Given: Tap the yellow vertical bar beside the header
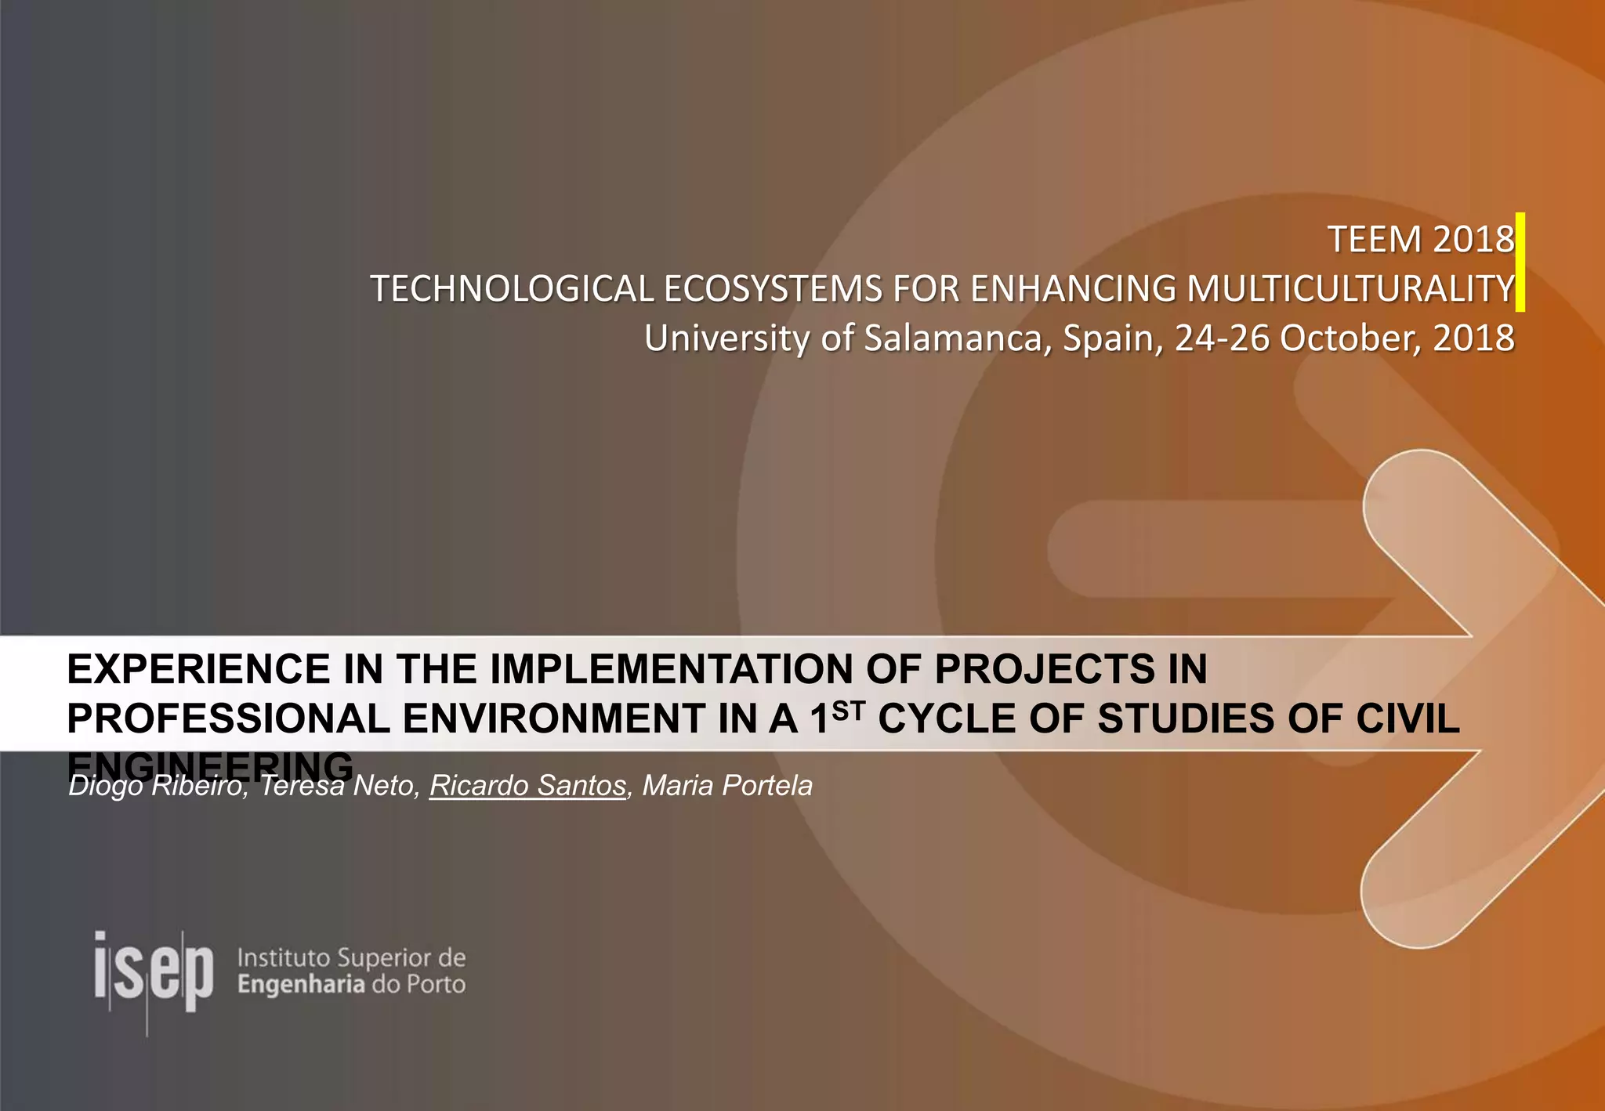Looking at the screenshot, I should pos(1520,262).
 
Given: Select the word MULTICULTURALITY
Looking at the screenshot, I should pos(1350,289).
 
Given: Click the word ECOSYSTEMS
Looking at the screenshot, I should pos(773,289).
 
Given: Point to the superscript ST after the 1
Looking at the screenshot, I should pos(849,711).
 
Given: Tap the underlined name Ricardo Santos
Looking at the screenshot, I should pos(527,786).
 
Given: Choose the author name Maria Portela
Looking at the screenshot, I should pos(727,786).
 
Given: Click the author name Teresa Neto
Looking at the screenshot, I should pos(337,786).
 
